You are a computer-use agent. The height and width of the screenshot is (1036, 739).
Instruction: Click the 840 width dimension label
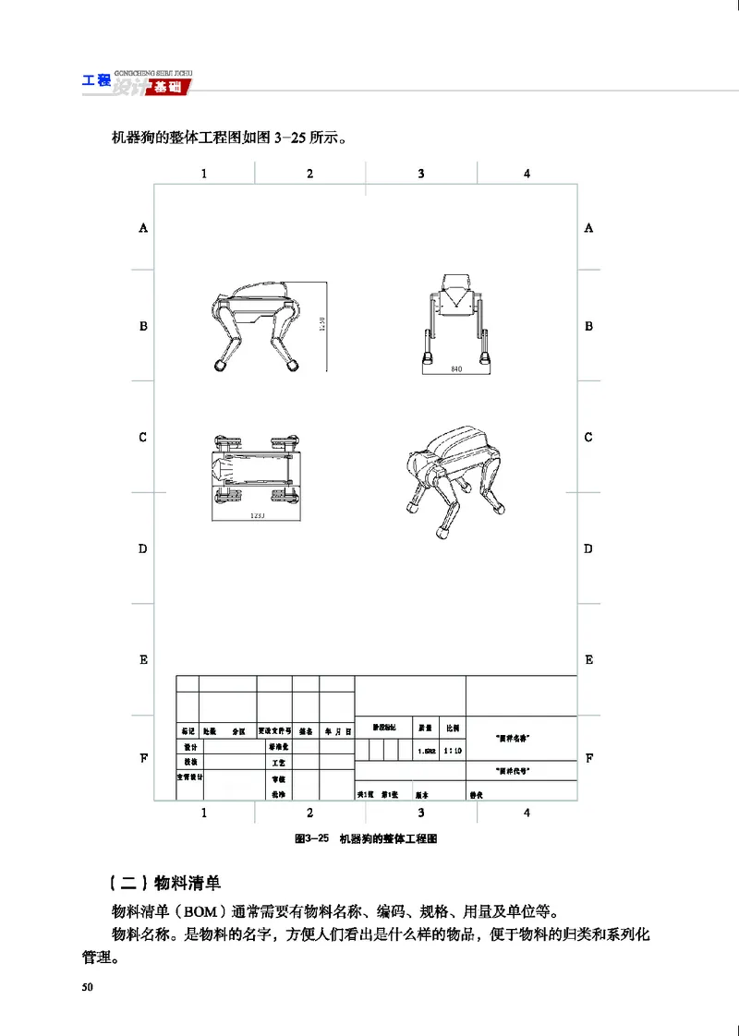[455, 369]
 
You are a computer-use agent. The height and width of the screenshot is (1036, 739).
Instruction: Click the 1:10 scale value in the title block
[453, 751]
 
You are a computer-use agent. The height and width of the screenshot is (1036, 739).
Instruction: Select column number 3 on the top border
[421, 173]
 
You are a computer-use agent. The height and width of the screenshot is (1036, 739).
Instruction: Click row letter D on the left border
[143, 548]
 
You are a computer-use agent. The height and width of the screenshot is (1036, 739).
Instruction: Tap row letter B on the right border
[588, 326]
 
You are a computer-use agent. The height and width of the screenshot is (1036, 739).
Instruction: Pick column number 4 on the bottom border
[527, 813]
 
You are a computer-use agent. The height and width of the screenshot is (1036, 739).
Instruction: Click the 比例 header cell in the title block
[453, 729]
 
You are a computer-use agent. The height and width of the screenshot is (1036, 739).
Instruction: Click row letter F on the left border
[143, 758]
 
